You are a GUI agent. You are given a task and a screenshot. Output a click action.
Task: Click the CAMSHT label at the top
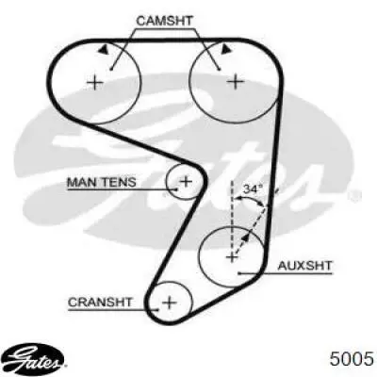tap(164, 21)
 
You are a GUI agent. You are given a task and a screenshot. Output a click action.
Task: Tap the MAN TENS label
tap(102, 182)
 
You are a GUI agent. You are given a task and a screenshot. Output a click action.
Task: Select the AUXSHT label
tap(304, 266)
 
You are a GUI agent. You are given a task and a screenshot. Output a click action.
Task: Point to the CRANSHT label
tap(100, 303)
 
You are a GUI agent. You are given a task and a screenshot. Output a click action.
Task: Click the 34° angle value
tap(253, 188)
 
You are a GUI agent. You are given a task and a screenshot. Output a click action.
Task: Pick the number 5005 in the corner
tap(352, 358)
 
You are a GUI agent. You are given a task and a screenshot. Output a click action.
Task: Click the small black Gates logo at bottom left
tap(35, 358)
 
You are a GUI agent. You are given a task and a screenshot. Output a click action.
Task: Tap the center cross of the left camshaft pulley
tap(95, 83)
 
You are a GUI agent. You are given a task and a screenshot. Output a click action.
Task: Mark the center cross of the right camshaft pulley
tap(236, 82)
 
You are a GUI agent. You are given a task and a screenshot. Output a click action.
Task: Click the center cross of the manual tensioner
tap(186, 181)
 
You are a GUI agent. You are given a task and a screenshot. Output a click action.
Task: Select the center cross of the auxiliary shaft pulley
tap(232, 258)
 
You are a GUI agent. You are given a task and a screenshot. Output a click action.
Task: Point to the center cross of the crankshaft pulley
tap(170, 303)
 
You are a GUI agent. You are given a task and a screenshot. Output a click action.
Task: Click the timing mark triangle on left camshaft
tap(103, 50)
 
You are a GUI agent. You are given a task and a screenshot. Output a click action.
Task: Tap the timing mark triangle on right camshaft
tap(225, 49)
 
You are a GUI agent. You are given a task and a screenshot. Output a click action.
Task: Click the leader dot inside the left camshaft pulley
tap(111, 70)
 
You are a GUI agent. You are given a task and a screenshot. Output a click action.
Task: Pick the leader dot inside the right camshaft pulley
tap(220, 70)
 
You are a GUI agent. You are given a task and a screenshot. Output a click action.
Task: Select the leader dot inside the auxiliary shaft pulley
tap(239, 273)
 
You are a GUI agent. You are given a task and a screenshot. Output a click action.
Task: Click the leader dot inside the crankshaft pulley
tap(158, 310)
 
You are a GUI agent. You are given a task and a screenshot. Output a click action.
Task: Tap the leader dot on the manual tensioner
tap(176, 189)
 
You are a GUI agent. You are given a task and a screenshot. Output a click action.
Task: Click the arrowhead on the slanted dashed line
tap(245, 238)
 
